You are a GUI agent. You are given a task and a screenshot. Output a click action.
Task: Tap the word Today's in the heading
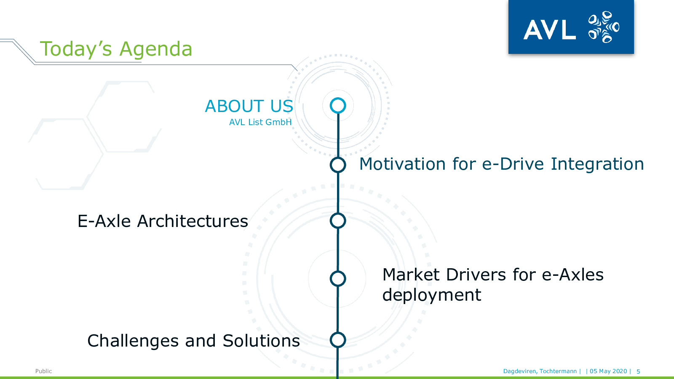pos(76,49)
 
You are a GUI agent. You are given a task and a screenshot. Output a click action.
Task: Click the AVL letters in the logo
pos(549,29)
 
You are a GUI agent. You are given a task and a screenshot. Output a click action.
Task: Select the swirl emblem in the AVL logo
pos(604,27)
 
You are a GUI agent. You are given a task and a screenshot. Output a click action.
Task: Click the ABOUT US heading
pos(249,106)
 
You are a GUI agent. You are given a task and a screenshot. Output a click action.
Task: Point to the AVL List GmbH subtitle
pos(260,122)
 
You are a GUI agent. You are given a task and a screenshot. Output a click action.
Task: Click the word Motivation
pos(402,164)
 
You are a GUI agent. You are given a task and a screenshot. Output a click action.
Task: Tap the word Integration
pos(597,165)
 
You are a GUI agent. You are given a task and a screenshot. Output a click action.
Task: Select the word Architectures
pos(193,222)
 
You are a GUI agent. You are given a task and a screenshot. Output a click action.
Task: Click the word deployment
pos(432,295)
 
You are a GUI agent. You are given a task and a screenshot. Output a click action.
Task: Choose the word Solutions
pos(261,341)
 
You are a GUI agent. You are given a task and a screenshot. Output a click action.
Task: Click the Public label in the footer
pos(44,371)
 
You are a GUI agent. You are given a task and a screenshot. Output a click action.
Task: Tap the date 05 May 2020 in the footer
pos(608,371)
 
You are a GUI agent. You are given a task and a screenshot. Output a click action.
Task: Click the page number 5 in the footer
pos(638,371)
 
